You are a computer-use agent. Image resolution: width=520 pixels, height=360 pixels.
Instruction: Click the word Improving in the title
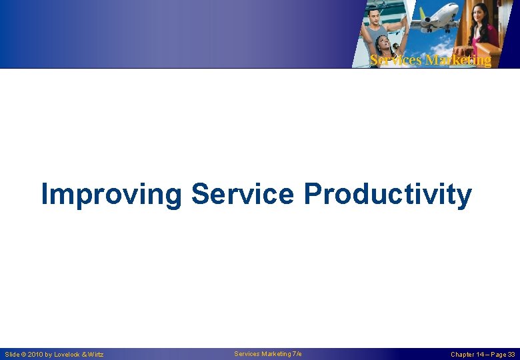[x=111, y=195]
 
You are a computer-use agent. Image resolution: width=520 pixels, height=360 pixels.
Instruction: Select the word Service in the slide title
[x=242, y=195]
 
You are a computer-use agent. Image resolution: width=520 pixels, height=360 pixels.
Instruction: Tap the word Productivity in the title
[x=387, y=195]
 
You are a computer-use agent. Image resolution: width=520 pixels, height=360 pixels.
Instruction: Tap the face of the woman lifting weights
[x=384, y=43]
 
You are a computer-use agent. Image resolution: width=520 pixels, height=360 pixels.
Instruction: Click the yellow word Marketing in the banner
[x=458, y=60]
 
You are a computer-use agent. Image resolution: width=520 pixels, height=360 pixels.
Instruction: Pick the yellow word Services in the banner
[x=396, y=60]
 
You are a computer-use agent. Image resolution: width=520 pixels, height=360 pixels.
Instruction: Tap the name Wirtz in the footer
[x=95, y=355]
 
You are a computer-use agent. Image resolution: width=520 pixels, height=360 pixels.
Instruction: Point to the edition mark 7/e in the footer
[x=297, y=354]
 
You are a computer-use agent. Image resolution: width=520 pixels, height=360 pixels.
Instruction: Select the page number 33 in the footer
[x=511, y=355]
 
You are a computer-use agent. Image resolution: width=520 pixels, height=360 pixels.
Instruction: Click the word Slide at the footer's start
[x=11, y=355]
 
